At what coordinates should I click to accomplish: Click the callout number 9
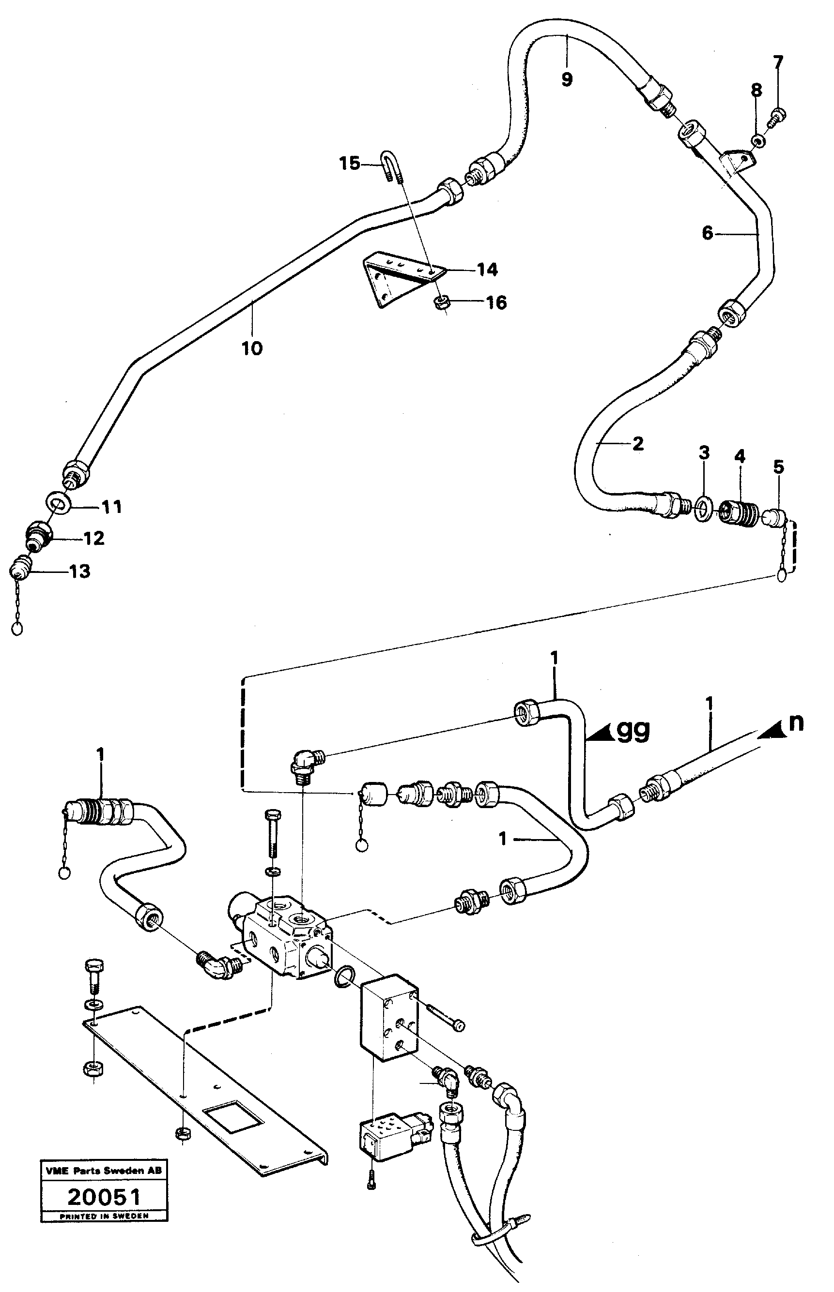pos(567,79)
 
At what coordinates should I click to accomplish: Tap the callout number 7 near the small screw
pos(778,63)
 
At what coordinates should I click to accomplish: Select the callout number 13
pos(79,571)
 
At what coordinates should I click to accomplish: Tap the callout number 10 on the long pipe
pos(252,347)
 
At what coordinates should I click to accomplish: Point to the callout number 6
pos(707,233)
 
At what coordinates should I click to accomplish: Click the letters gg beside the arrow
pos(633,731)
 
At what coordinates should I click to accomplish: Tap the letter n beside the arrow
pos(796,723)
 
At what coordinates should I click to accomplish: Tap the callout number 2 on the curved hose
pos(638,444)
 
